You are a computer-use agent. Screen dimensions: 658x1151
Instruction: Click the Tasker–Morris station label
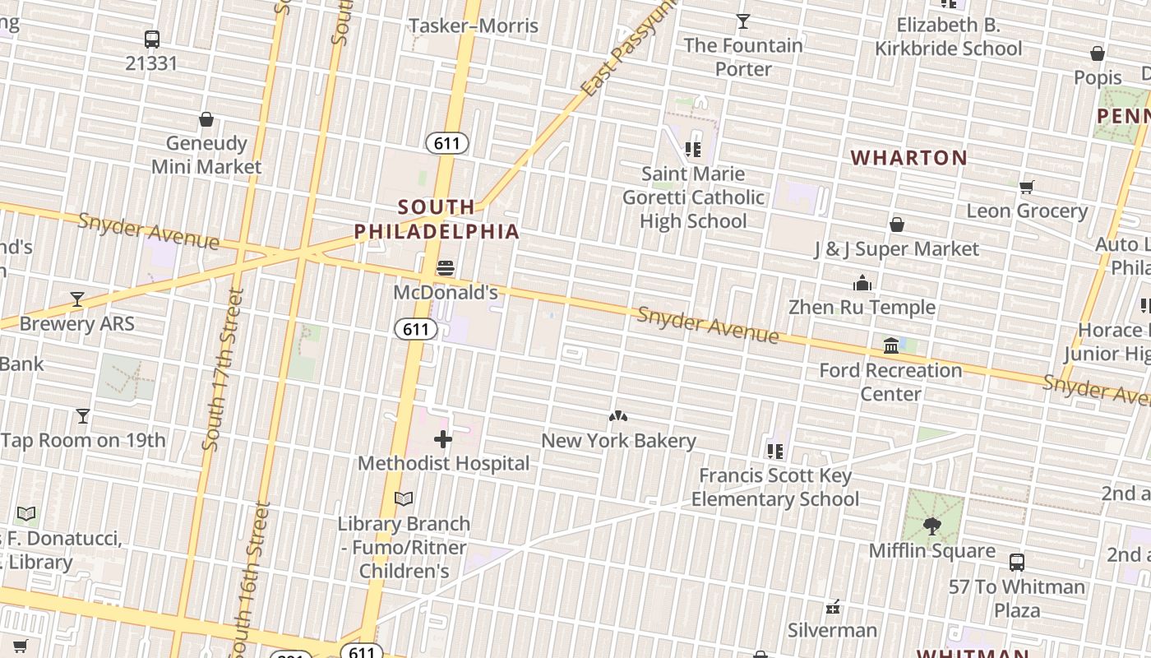pyautogui.click(x=474, y=25)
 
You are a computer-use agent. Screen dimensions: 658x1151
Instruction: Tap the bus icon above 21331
pyautogui.click(x=152, y=39)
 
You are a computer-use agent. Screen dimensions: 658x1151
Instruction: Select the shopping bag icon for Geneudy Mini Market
pyautogui.click(x=206, y=119)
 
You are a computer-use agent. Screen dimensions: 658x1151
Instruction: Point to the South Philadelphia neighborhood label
pyautogui.click(x=437, y=219)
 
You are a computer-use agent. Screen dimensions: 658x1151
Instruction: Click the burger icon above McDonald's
pyautogui.click(x=446, y=268)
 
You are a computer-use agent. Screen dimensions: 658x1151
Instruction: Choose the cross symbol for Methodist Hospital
pyautogui.click(x=443, y=439)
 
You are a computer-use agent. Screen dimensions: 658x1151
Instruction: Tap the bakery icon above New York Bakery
pyautogui.click(x=618, y=417)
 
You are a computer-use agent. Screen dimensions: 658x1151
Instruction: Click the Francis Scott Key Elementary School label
pyautogui.click(x=775, y=487)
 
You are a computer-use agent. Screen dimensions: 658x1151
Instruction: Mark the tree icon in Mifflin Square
pyautogui.click(x=932, y=526)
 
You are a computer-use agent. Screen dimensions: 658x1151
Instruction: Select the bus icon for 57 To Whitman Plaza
pyautogui.click(x=1017, y=563)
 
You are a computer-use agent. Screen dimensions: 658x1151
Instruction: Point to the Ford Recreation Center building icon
pyautogui.click(x=891, y=346)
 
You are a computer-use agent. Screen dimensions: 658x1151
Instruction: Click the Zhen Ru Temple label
pyautogui.click(x=862, y=307)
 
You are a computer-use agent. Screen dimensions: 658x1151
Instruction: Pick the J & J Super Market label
pyautogui.click(x=896, y=248)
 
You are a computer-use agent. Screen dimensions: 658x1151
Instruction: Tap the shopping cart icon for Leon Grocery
pyautogui.click(x=1026, y=187)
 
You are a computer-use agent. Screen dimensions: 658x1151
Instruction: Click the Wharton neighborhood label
pyautogui.click(x=908, y=157)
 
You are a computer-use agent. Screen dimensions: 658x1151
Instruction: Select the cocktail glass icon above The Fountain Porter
pyautogui.click(x=743, y=21)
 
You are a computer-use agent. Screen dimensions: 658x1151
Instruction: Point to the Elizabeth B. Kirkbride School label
pyautogui.click(x=948, y=37)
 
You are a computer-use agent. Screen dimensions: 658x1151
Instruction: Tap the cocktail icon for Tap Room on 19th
pyautogui.click(x=83, y=416)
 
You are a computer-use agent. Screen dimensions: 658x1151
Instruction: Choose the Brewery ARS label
pyautogui.click(x=76, y=323)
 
